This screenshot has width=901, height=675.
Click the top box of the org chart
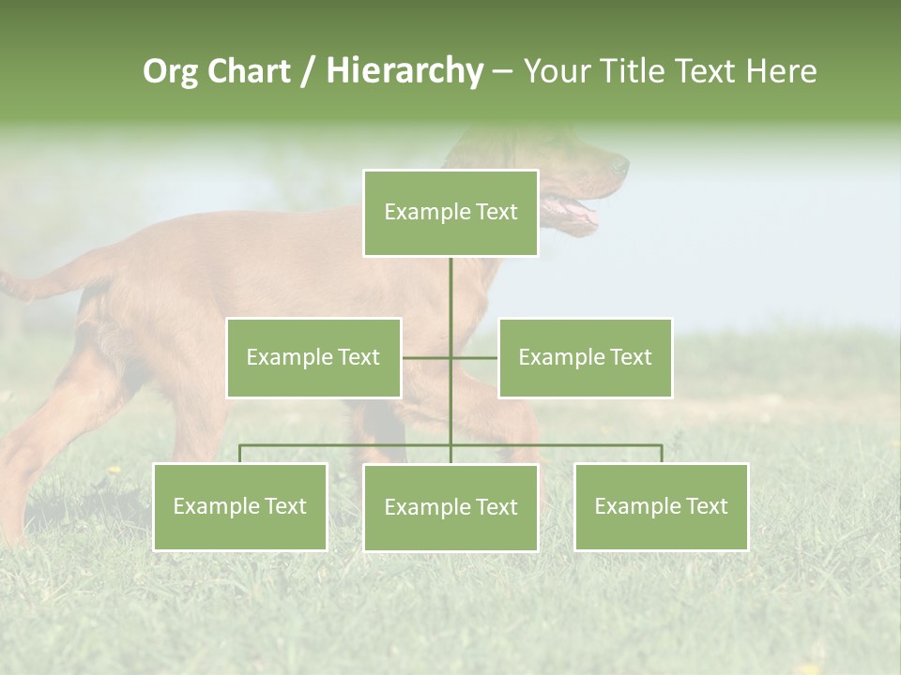point(450,213)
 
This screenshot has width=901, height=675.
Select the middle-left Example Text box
point(313,357)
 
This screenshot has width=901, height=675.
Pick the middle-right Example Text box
point(585,357)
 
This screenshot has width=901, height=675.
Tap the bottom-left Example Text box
point(239,506)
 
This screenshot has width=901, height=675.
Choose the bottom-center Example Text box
point(450,507)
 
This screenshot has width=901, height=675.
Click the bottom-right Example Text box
point(661,506)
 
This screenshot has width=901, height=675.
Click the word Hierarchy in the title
point(404,71)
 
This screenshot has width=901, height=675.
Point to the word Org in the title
point(170,71)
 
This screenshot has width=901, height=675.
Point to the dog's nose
point(620,167)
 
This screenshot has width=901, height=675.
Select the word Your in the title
point(557,71)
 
